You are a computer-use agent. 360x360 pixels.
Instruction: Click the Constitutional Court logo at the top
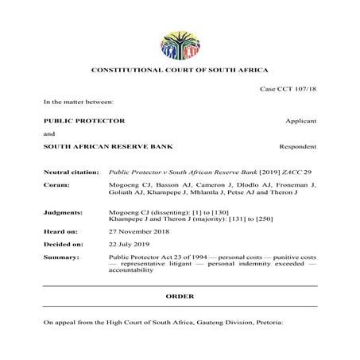[180, 45]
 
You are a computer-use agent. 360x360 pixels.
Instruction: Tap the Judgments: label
[63, 214]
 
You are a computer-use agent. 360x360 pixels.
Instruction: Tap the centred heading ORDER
[180, 296]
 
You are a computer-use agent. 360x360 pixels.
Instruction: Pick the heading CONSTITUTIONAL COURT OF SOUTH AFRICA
[180, 72]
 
